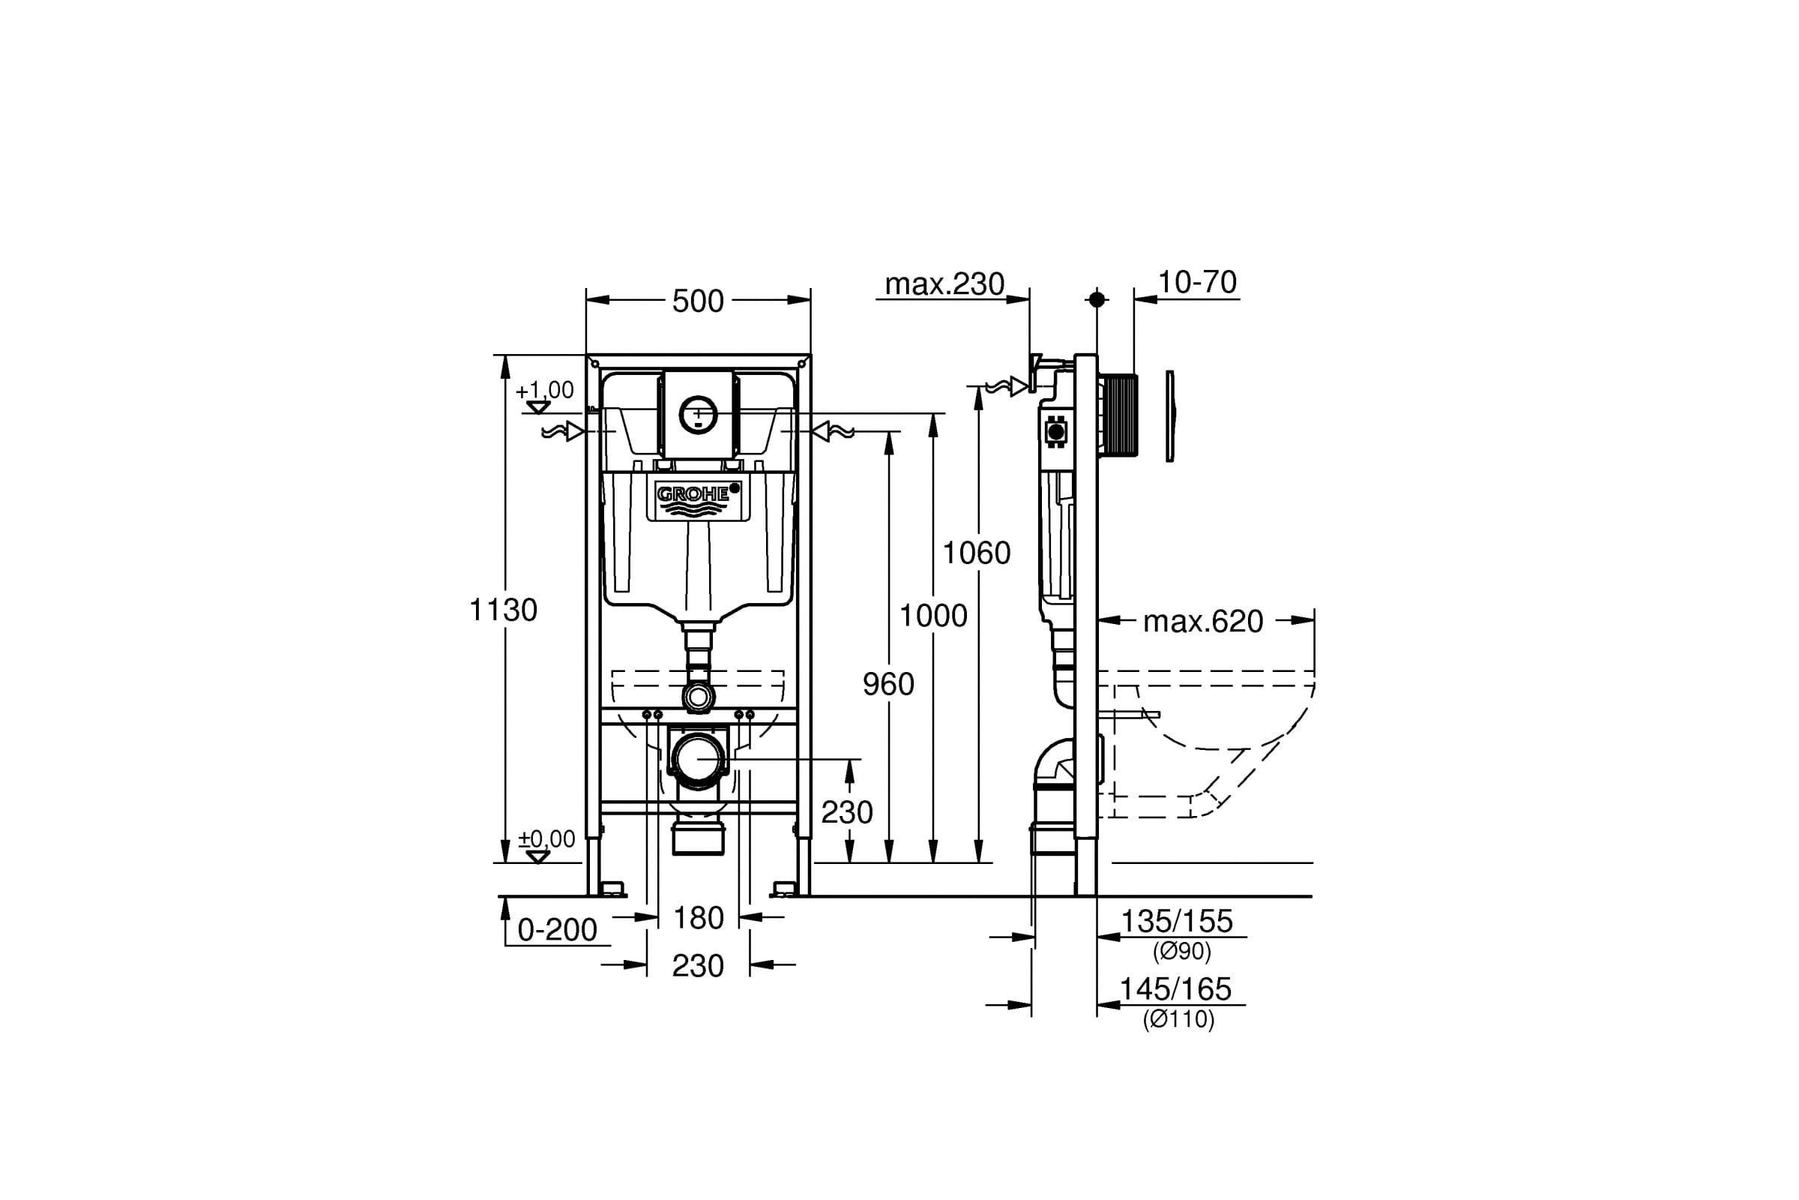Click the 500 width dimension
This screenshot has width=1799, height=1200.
698,301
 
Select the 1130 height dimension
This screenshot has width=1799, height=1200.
503,610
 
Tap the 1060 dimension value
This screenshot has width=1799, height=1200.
977,553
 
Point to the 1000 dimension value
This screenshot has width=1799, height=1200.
933,615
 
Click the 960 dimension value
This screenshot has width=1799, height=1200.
889,684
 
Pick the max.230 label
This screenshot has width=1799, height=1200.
944,284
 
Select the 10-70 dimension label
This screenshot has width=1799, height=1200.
1197,283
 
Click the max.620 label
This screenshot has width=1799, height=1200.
1203,622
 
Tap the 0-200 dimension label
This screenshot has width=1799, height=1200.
557,930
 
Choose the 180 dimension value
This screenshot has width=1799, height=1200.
699,917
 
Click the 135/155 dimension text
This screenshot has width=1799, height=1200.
1176,921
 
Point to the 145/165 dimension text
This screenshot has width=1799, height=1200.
1175,988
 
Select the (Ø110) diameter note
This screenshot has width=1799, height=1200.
1178,1018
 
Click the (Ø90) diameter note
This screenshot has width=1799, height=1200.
1183,951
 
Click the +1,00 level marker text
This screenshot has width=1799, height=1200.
545,390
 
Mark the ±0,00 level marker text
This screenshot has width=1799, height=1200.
546,838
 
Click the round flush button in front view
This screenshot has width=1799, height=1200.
699,415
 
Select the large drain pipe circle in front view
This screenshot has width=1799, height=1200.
698,760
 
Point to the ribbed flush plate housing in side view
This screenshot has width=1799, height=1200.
1119,415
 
